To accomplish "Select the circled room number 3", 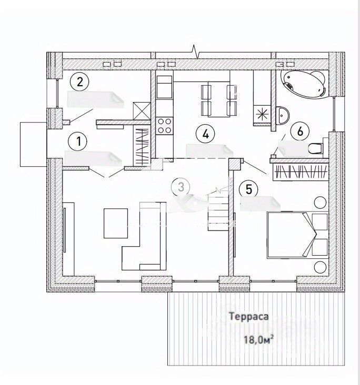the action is pos(181,186).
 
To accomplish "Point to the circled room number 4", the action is pos(206,134).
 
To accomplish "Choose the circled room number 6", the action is pos(300,131).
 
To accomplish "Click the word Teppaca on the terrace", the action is pos(249,317).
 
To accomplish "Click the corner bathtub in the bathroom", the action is pos(304,84).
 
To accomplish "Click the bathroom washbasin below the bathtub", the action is pos(283,114).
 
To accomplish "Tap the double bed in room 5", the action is pos(297,234).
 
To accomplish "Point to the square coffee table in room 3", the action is pos(115,222).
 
